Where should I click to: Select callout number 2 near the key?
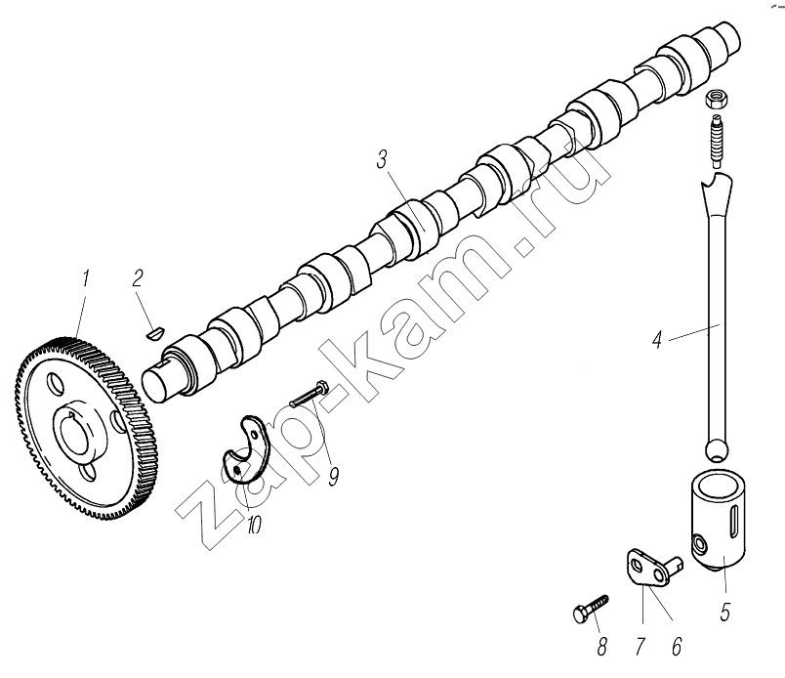point(140,279)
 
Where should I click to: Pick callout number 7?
point(640,647)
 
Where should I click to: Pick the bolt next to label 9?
point(311,392)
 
